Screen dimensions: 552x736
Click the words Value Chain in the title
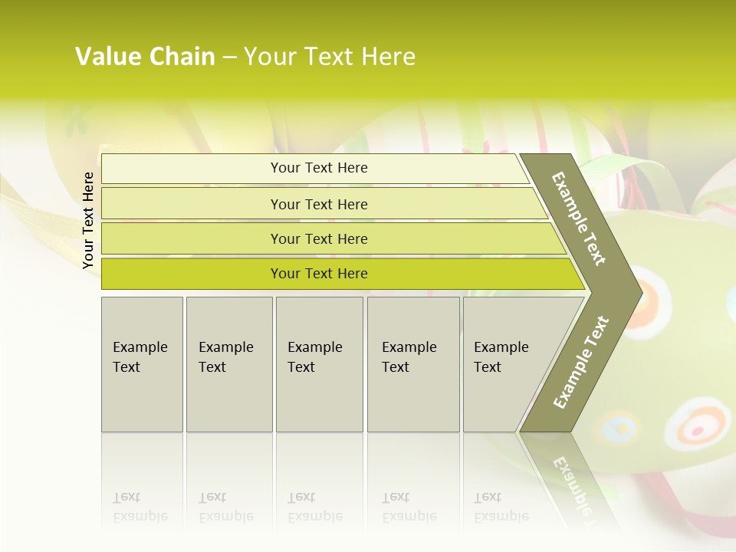(x=145, y=57)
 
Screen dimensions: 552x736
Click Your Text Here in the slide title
(x=330, y=57)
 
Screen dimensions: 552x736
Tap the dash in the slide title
(x=229, y=58)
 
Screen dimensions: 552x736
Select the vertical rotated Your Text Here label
(x=88, y=220)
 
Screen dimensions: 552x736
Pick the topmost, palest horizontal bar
(x=318, y=168)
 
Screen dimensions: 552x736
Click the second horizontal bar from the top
(x=318, y=204)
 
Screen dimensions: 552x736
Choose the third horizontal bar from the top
(x=318, y=238)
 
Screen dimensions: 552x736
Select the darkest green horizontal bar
(x=318, y=274)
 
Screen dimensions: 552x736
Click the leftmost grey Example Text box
(x=142, y=363)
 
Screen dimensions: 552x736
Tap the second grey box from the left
(x=228, y=363)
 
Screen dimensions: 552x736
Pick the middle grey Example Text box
(x=319, y=363)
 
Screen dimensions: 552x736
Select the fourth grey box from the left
(x=412, y=363)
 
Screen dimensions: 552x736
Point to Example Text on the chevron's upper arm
(x=579, y=219)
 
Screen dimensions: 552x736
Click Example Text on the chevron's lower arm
(x=581, y=362)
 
